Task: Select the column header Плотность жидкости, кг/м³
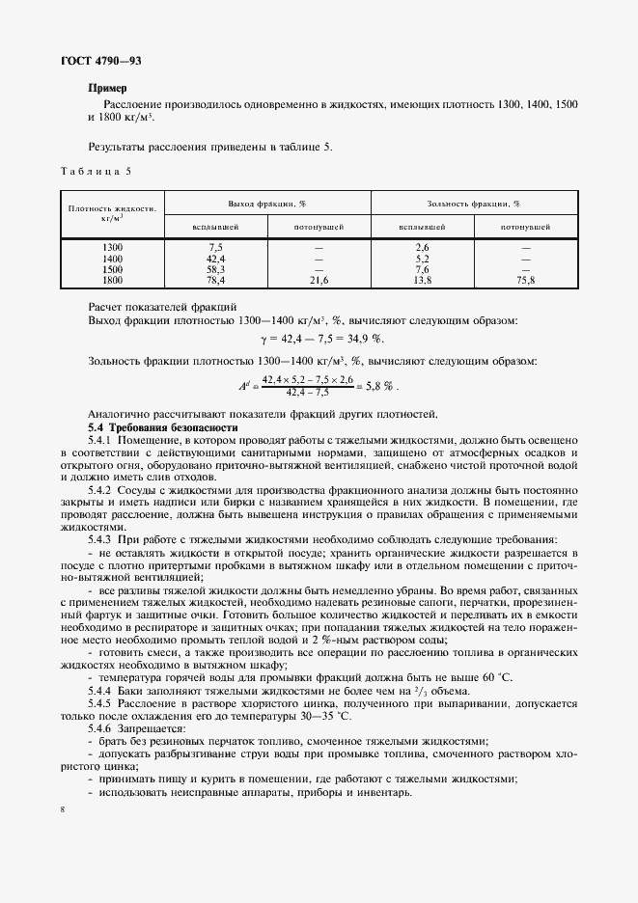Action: coord(113,213)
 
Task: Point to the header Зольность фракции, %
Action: coord(473,204)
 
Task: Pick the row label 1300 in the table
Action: coord(113,248)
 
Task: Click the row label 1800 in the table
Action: coord(113,280)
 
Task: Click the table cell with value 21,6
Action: coord(318,280)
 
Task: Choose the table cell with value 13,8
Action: coord(422,280)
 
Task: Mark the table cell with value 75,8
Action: coord(526,280)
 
